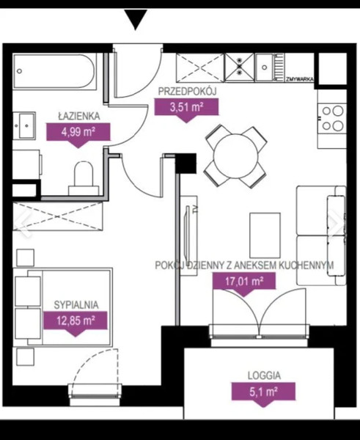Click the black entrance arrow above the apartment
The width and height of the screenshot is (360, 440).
tap(136, 19)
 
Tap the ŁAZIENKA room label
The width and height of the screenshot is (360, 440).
tap(79, 116)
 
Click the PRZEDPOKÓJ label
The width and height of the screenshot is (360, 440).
tap(188, 91)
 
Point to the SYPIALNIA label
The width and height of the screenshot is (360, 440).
tap(76, 305)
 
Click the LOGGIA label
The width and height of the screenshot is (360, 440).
tap(264, 375)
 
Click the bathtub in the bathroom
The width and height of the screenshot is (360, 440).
tap(55, 71)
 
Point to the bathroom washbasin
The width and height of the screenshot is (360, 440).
tap(24, 125)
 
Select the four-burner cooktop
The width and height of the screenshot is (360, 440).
tap(332, 118)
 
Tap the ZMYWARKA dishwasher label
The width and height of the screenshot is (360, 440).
tap(299, 79)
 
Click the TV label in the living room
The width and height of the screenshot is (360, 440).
tap(195, 209)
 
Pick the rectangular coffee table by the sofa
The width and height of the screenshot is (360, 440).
tap(265, 235)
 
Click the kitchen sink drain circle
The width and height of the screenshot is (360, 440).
tap(265, 67)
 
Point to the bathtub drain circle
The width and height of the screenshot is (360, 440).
tap(19, 71)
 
